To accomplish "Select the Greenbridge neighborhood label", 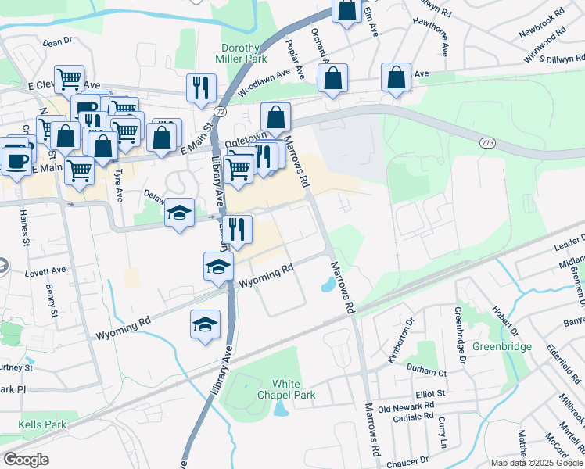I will pos(502,346).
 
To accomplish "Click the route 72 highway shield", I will pos(221,113).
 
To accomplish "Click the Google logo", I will pos(27,460).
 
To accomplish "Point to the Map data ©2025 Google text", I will pos(536,463).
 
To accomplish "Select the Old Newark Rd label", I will pos(406,407).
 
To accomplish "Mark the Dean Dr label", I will pos(58,41).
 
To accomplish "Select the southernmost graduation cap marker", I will pos(206,323).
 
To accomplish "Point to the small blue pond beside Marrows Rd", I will pos(328,287).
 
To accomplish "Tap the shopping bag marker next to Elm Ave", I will pos(346,11).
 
